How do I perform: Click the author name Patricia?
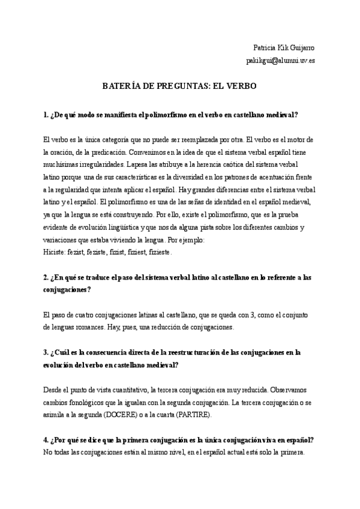click(266, 47)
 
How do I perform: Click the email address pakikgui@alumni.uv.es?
click(280, 61)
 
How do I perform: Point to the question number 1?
click(46, 115)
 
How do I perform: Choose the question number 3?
click(46, 352)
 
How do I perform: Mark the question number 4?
click(46, 440)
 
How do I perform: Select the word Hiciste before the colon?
click(56, 253)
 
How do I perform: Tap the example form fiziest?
click(133, 253)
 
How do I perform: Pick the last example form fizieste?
click(158, 253)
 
